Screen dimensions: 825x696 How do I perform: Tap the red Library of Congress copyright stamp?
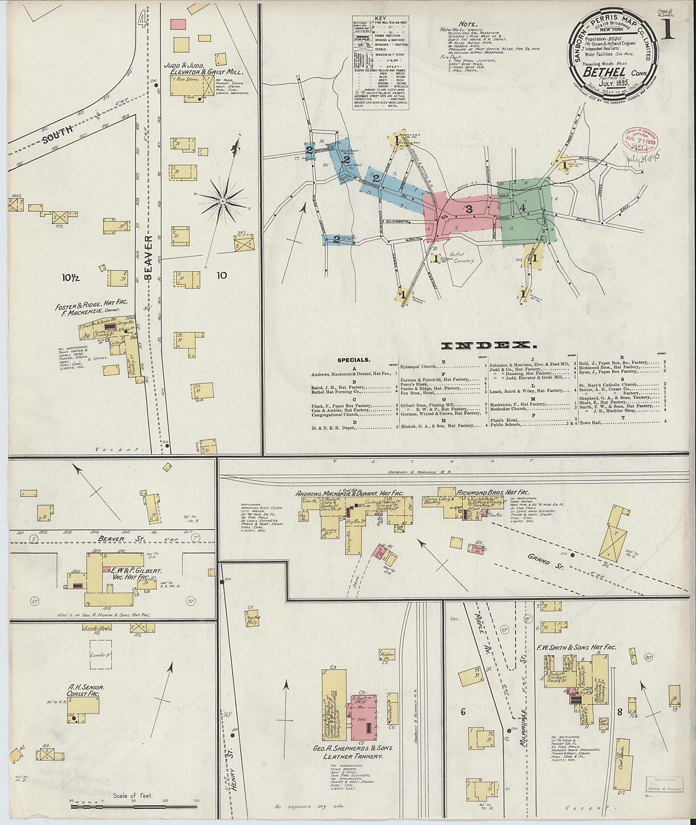tap(639, 142)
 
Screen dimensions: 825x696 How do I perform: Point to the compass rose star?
tap(222, 201)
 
